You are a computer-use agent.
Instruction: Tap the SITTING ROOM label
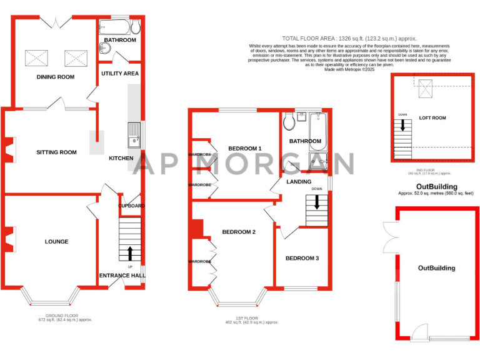tap(56, 152)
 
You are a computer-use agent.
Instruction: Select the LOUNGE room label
tap(56, 241)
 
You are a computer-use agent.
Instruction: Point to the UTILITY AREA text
tap(120, 73)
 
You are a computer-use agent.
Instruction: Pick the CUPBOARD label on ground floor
tap(131, 206)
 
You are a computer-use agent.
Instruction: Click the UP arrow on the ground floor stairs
tap(130, 253)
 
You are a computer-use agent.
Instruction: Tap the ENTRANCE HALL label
tap(122, 275)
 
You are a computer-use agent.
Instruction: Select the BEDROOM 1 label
tap(244, 148)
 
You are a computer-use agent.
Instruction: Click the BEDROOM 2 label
tap(239, 232)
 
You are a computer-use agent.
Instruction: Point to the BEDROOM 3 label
tap(302, 258)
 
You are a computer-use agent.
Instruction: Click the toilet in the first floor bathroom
tap(290, 121)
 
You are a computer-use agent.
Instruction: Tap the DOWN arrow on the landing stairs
tap(317, 202)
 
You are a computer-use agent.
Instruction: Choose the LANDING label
tap(299, 182)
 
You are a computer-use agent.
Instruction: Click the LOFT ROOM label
tap(432, 117)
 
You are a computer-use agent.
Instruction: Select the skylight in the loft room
tap(426, 92)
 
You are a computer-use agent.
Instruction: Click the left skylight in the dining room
tap(36, 58)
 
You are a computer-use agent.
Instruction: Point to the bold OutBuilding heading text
tap(437, 186)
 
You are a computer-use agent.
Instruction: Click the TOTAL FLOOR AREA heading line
tap(331, 38)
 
